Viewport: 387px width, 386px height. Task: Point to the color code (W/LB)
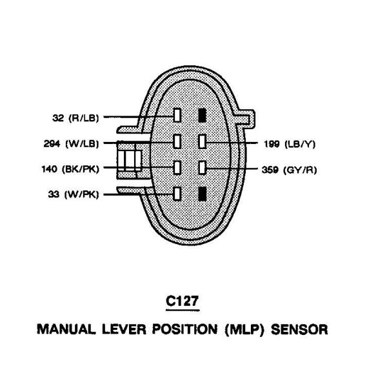click(80, 143)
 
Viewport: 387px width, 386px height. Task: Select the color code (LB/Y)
click(300, 143)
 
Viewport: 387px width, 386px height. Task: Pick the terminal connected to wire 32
click(177, 116)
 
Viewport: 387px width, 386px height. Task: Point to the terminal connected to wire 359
click(202, 168)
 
